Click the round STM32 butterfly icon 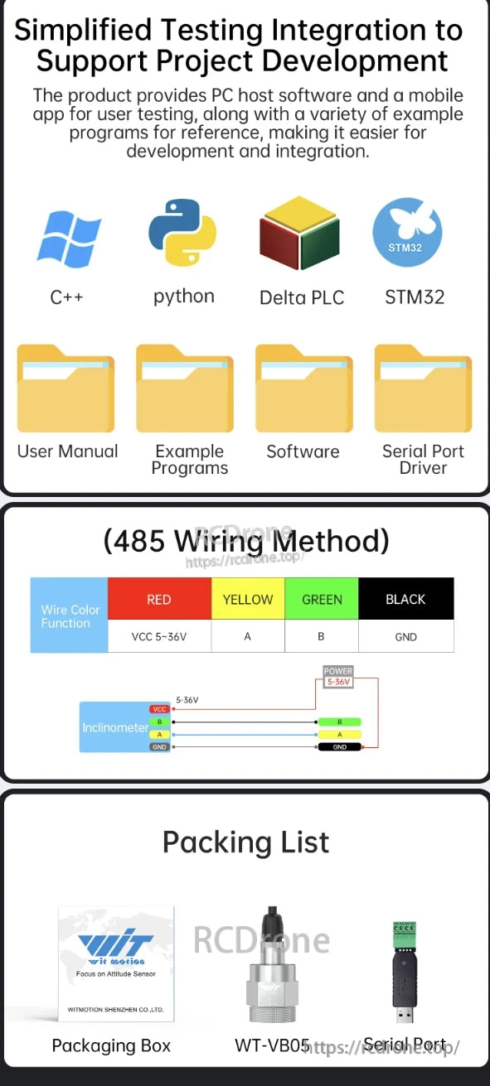click(407, 233)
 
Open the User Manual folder click(65, 389)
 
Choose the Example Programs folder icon click(185, 389)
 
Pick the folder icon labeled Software click(303, 389)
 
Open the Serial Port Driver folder click(423, 389)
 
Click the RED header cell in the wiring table click(159, 599)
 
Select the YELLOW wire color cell click(248, 599)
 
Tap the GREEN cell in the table click(322, 599)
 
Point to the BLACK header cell click(405, 599)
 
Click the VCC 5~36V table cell click(159, 636)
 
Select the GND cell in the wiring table click(405, 636)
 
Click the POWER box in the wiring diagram click(338, 676)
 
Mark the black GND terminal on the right click(339, 746)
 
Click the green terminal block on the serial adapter click(405, 936)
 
